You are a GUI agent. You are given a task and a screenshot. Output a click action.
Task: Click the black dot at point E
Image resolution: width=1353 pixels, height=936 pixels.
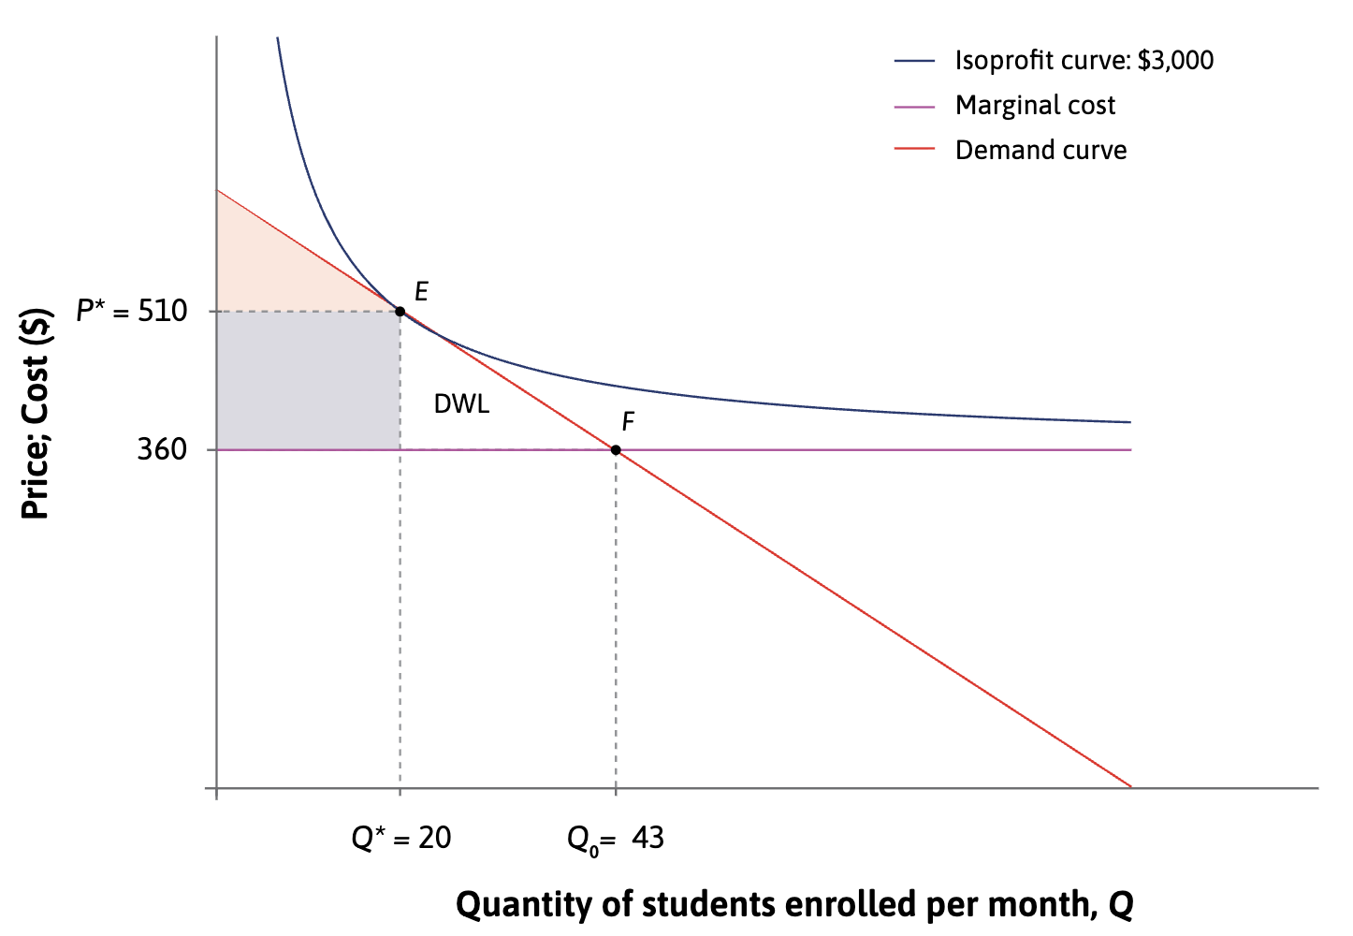coord(400,312)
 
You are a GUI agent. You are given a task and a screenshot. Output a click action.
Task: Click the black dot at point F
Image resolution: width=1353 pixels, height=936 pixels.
coord(616,450)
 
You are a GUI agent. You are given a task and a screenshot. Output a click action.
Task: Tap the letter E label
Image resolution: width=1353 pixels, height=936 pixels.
coord(421,292)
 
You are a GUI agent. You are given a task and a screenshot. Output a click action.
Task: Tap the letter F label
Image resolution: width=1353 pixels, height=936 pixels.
coord(628,422)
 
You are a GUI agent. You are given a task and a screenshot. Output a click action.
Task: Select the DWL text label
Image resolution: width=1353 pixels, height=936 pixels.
coord(461,404)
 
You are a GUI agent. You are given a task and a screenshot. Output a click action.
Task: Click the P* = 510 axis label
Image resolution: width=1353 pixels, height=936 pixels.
coord(132,311)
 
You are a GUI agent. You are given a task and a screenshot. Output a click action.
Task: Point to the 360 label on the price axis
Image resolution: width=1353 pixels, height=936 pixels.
coord(162,450)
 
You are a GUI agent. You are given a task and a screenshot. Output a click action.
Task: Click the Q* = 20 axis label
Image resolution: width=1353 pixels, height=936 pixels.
coord(401,837)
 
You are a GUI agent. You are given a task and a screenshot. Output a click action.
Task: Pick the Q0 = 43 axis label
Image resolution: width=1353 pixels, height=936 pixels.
coord(616,838)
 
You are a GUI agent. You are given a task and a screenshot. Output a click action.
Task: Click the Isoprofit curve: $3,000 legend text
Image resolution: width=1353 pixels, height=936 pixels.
coord(1084,61)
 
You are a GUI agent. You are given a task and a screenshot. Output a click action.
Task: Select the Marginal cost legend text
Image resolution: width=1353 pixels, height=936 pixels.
coord(1035,106)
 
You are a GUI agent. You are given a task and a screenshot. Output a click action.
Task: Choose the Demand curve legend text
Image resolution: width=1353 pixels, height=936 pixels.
coord(1040,151)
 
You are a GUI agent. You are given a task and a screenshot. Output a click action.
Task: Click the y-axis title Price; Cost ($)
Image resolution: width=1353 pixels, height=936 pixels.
coord(36,413)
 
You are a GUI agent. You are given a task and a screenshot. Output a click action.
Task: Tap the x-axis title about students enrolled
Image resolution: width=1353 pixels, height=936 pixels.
coord(794,904)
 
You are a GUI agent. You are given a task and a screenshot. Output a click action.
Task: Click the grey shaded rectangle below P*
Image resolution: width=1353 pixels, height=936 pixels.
coord(309,381)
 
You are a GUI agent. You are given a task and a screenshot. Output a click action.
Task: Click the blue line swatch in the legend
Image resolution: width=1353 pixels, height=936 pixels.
coord(914,62)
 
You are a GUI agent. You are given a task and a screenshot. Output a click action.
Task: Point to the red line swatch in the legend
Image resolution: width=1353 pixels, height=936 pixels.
coord(914,151)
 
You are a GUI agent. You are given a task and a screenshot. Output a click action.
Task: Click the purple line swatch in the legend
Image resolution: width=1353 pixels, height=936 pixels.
coord(914,107)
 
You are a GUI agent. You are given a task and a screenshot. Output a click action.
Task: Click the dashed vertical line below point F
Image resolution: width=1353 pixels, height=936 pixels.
coord(616,618)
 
